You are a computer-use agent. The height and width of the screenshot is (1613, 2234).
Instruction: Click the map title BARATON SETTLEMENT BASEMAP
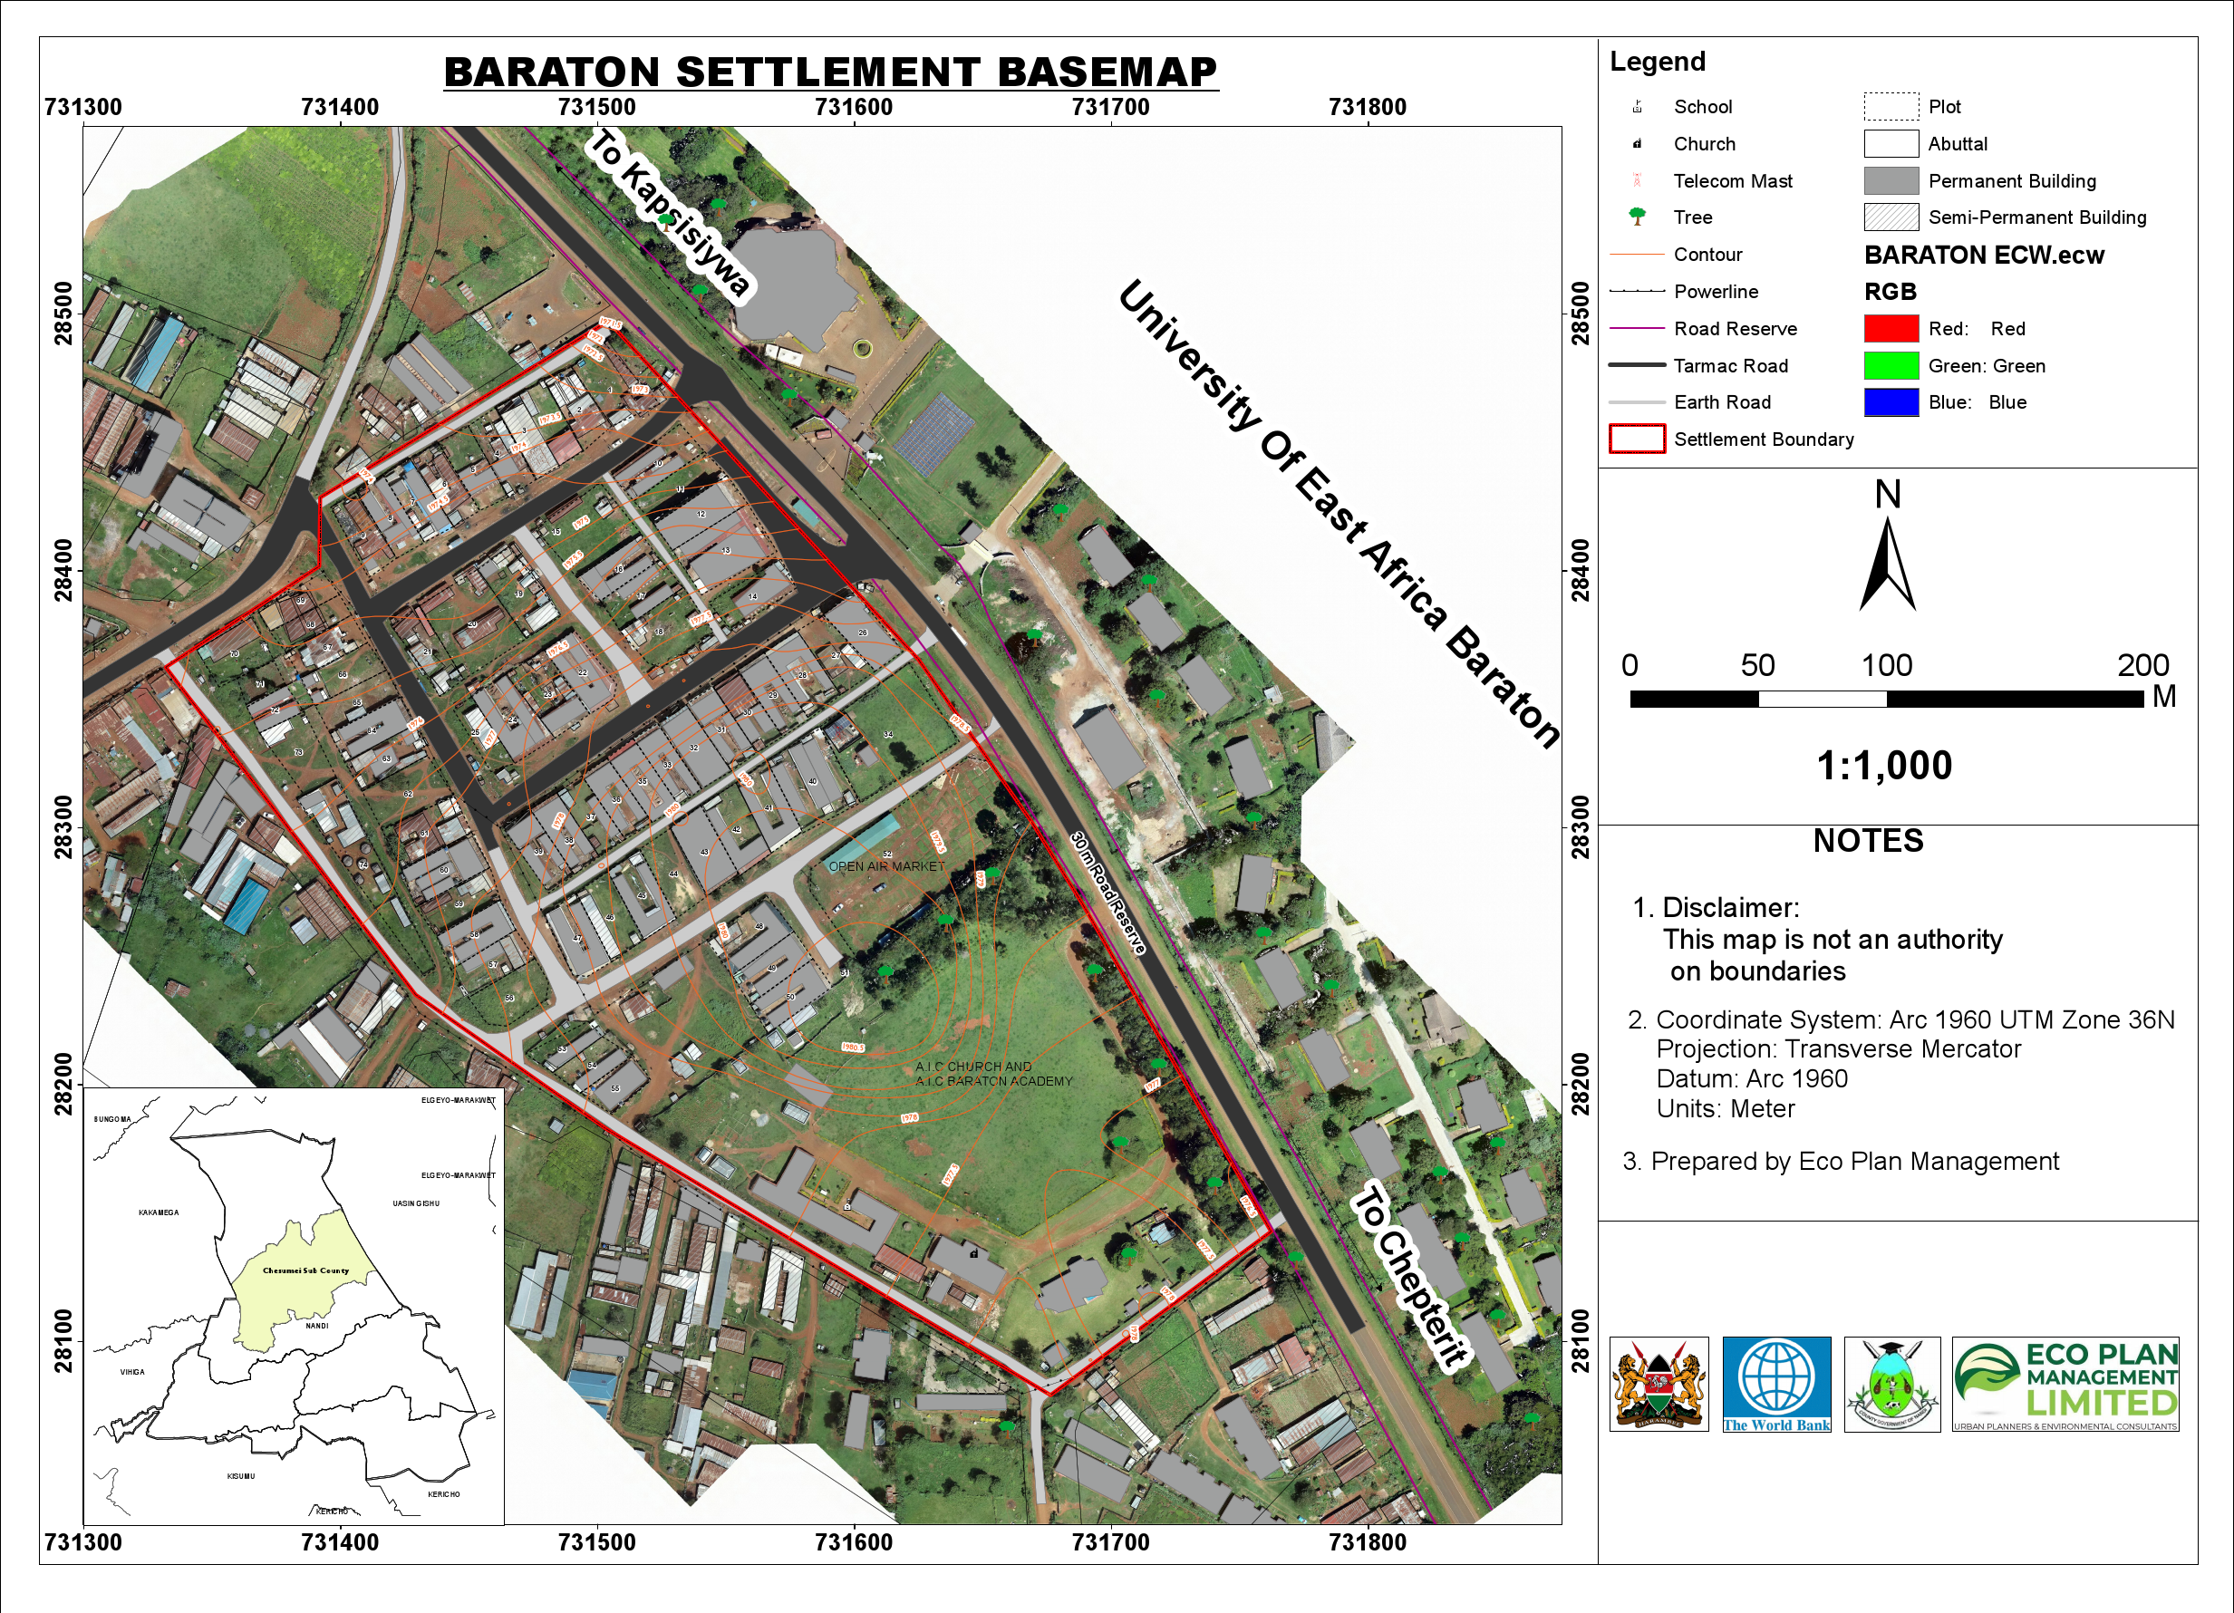pyautogui.click(x=830, y=72)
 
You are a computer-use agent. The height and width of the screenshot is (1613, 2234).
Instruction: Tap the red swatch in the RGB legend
pyautogui.click(x=1891, y=329)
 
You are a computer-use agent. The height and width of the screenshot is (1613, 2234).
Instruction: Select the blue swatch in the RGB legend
pyautogui.click(x=1891, y=402)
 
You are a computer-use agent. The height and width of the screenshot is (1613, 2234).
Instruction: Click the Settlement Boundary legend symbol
pyautogui.click(x=1636, y=439)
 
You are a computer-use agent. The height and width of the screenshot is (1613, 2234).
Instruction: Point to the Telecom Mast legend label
pyautogui.click(x=1732, y=181)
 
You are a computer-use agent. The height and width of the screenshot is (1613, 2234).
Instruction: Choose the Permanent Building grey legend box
pyautogui.click(x=1891, y=181)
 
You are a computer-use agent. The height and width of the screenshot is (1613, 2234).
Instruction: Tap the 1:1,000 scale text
pyautogui.click(x=1883, y=766)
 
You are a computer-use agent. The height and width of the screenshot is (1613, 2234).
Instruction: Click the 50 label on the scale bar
pyautogui.click(x=1757, y=666)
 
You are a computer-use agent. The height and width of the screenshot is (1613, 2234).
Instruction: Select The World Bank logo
pyautogui.click(x=1776, y=1384)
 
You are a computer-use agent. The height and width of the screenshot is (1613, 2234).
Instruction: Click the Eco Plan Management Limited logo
pyautogui.click(x=2065, y=1384)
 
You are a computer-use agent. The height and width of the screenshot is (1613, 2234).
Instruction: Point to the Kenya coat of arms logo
pyautogui.click(x=1659, y=1384)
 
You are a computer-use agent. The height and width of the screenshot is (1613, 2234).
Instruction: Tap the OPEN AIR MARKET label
pyautogui.click(x=885, y=866)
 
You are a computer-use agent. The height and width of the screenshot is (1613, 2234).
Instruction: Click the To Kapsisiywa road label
pyautogui.click(x=670, y=213)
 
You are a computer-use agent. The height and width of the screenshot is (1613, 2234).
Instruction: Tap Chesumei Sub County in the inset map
pyautogui.click(x=305, y=1271)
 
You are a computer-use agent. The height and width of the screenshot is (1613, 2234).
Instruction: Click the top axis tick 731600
pyautogui.click(x=853, y=107)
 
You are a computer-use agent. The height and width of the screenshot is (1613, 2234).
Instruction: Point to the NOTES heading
pyautogui.click(x=1868, y=841)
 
